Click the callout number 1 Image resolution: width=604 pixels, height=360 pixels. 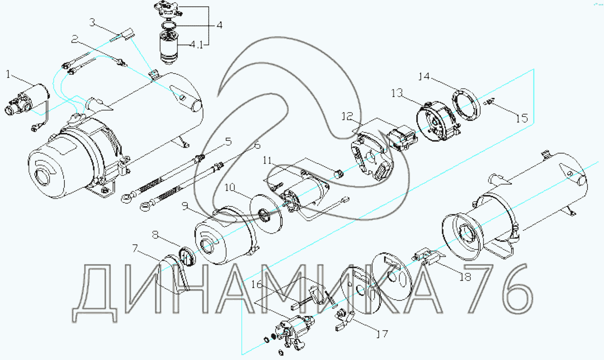(x=9, y=74)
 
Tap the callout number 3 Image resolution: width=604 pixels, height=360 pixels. (x=93, y=22)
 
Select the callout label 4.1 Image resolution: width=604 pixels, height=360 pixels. (x=196, y=44)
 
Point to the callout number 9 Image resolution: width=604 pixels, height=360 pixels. (x=186, y=206)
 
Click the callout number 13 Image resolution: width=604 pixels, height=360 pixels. (x=396, y=93)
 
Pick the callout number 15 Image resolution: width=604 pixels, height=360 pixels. (x=522, y=118)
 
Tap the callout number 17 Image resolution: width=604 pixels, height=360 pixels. (x=382, y=334)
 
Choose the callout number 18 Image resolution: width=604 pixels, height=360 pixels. (x=465, y=277)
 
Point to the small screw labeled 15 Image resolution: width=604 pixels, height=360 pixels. (x=490, y=102)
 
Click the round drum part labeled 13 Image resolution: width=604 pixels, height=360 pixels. (x=435, y=121)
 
